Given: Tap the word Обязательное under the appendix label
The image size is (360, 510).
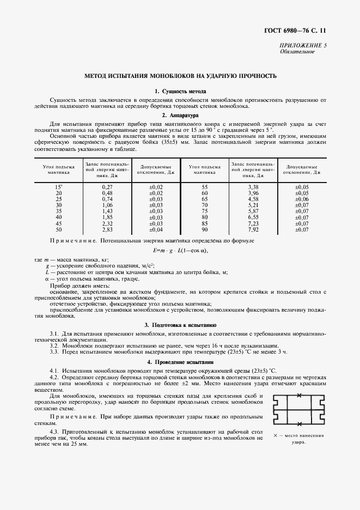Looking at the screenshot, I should [297, 52].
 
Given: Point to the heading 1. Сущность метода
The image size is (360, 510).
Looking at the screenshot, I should [180, 92].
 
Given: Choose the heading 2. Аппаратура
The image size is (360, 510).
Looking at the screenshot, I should [180, 116].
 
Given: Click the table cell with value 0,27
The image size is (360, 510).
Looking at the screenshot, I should [107, 187].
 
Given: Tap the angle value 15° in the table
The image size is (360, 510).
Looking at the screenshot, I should [58, 187].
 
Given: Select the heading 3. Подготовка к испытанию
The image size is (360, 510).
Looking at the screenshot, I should [180, 325].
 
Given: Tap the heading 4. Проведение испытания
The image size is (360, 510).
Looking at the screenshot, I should [180, 362].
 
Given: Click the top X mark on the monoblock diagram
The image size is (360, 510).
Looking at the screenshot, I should [299, 396].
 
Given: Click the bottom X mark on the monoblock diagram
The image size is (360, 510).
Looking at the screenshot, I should [299, 423].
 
